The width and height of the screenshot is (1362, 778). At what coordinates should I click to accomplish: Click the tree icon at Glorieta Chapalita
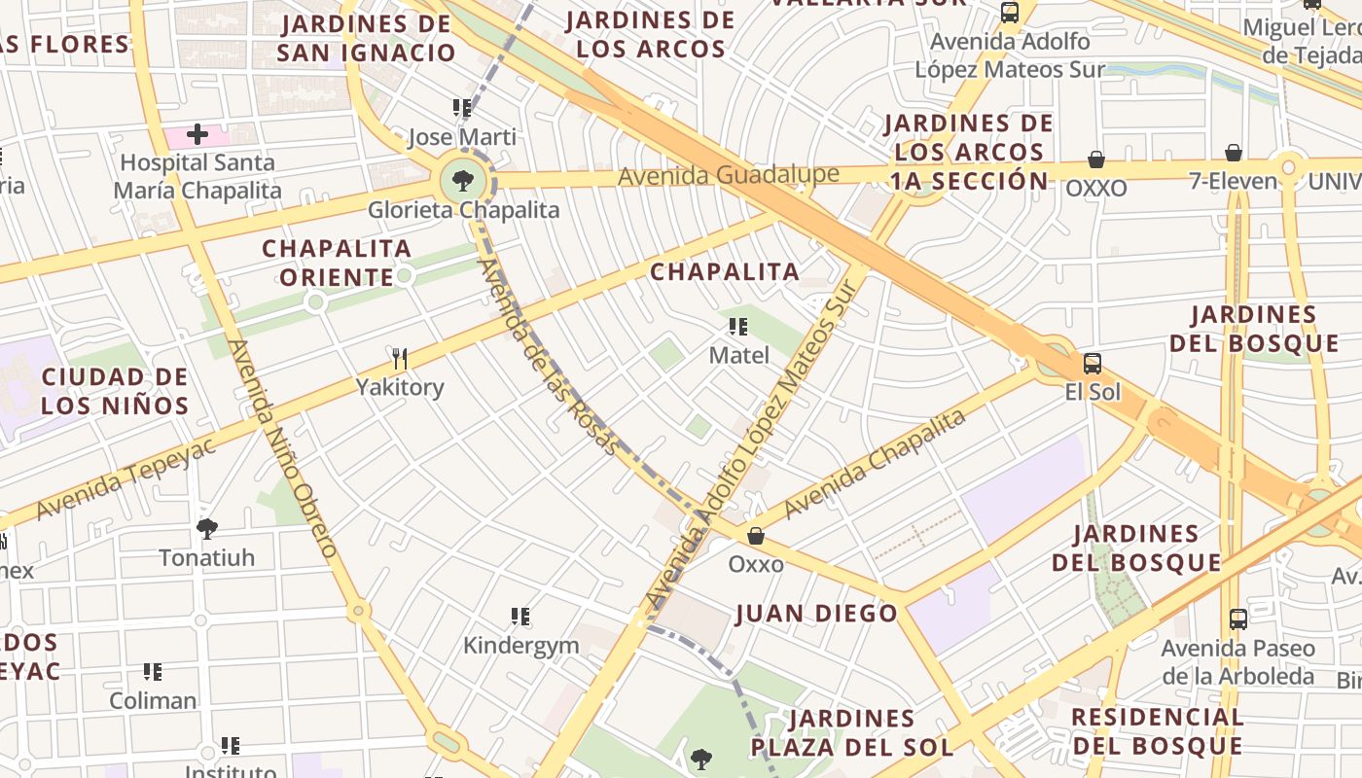(463, 180)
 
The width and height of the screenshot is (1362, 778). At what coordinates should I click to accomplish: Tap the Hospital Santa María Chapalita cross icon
(197, 134)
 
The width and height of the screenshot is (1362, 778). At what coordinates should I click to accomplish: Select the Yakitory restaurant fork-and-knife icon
(399, 359)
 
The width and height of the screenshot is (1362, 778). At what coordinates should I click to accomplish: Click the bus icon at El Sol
(1093, 364)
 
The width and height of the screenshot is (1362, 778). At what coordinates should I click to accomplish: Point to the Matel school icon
(738, 327)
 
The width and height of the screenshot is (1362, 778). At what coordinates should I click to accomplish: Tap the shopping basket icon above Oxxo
(756, 536)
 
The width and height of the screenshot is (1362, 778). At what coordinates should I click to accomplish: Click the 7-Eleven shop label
(1233, 181)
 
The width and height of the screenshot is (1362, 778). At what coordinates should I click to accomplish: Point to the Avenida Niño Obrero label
(283, 448)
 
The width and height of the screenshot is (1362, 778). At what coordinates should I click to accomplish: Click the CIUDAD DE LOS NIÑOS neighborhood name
(115, 391)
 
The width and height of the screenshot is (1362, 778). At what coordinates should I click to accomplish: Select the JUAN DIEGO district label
(816, 614)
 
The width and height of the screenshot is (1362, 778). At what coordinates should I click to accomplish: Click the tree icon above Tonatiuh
(206, 529)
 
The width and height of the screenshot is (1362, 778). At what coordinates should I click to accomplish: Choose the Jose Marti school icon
(462, 108)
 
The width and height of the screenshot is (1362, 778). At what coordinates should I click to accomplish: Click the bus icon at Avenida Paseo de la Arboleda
(1238, 619)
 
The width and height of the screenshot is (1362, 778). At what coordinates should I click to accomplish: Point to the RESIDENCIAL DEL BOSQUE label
(1157, 731)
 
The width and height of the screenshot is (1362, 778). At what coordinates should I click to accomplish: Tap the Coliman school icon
(153, 672)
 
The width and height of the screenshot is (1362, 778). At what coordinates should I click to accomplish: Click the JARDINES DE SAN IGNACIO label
(366, 38)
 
